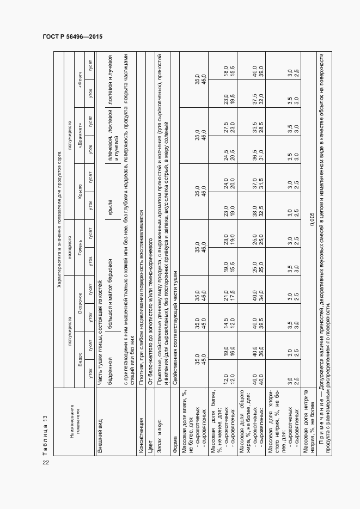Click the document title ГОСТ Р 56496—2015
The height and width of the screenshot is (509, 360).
point(72,36)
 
